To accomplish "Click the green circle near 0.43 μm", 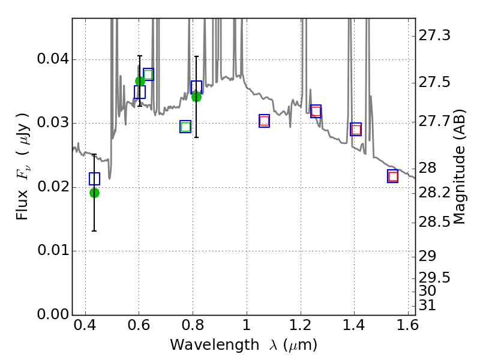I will (94, 193).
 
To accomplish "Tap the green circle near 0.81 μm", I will (196, 97).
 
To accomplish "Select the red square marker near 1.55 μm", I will (393, 176).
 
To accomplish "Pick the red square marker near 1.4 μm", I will (356, 130).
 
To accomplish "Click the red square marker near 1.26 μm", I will (316, 111).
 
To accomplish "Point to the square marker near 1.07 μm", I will (264, 121).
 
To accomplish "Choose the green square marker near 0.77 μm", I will (185, 127).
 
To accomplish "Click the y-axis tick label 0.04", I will (53, 60).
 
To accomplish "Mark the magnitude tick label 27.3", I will (435, 36).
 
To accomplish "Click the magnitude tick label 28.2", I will (435, 193).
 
